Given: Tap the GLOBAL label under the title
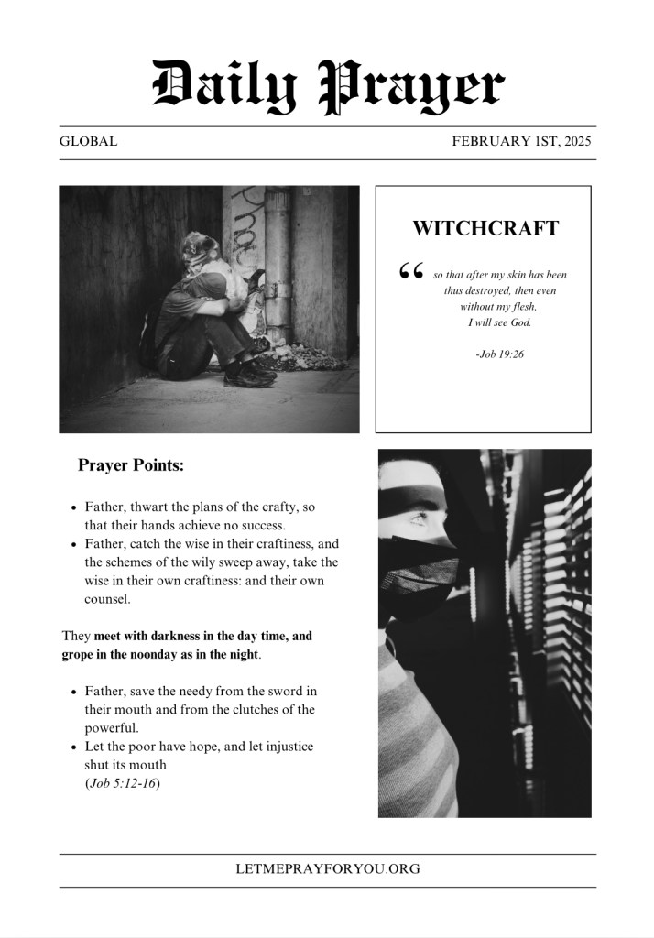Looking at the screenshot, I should [x=88, y=142].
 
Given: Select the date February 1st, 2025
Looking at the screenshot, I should [x=521, y=142].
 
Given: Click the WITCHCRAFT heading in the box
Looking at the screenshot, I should [x=485, y=229].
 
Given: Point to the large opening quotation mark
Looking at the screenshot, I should [x=411, y=271].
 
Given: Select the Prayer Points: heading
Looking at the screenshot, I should [x=131, y=465].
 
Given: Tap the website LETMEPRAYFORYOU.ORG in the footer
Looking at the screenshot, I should [x=327, y=868].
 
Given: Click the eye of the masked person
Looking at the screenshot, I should [x=420, y=519].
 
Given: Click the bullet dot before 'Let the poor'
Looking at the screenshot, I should [x=73, y=747].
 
